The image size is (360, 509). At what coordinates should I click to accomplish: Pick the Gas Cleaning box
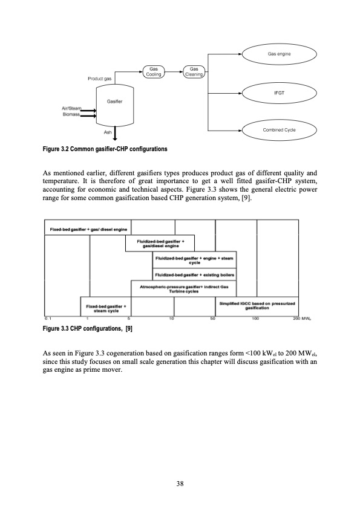(194, 72)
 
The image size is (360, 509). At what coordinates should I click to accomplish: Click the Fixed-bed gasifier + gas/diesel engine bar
(85, 230)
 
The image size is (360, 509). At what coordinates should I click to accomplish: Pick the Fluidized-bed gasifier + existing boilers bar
(194, 275)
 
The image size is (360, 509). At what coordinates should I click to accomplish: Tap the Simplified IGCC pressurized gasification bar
(257, 305)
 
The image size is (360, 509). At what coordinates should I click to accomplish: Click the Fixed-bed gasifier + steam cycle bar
(105, 308)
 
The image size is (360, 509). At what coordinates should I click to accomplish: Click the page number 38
(180, 483)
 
